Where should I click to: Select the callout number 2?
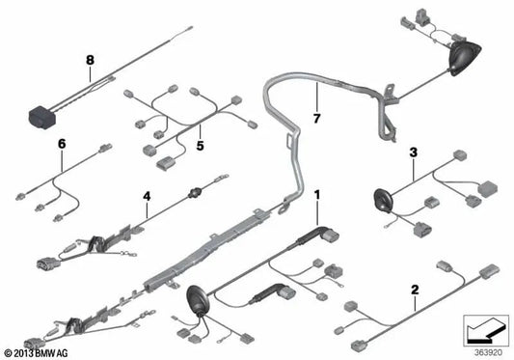pos(415,263)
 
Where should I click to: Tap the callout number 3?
pos(413,152)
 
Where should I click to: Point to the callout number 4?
pos(147,197)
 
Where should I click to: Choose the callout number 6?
pos(62,144)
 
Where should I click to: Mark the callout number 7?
pos(315,118)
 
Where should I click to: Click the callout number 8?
pos(90,59)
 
